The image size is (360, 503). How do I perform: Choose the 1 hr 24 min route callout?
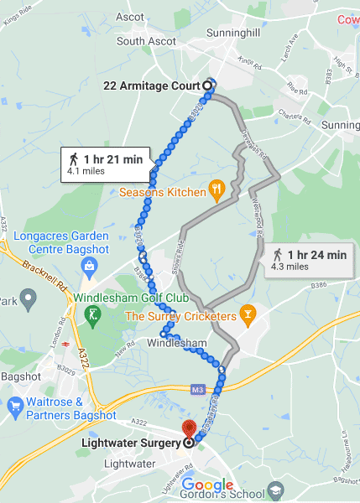tap(310, 260)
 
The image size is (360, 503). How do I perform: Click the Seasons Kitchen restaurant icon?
tap(217, 191)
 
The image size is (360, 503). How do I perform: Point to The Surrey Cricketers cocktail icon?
tap(247, 316)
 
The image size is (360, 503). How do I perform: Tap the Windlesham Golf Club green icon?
tap(92, 315)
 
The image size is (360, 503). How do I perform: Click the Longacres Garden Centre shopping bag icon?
tap(89, 265)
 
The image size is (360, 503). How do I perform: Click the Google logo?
tap(208, 485)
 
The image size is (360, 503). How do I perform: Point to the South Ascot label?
tap(143, 40)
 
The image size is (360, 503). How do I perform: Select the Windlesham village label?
tap(176, 344)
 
